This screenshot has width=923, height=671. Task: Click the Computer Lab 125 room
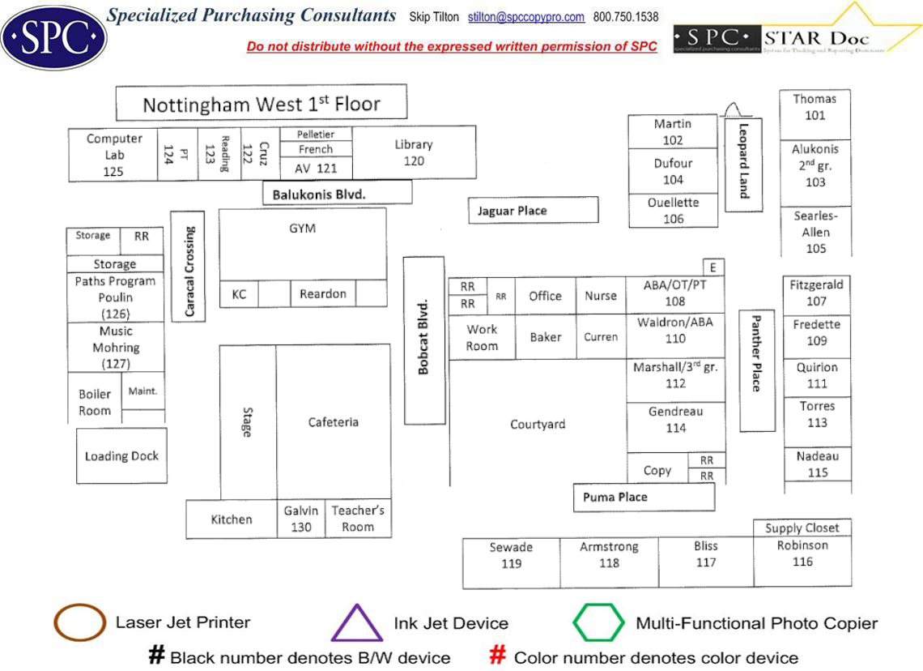coord(113,155)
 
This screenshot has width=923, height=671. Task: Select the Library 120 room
coord(414,152)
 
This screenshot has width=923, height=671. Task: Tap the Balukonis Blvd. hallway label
coord(337,193)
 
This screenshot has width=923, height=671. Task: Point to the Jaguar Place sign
coord(533,210)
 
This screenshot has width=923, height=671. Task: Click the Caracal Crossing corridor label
coord(187,267)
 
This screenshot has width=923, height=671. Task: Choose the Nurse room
coord(601,296)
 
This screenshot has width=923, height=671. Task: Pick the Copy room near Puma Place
coord(657,469)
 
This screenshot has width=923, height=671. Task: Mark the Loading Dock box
coord(121,456)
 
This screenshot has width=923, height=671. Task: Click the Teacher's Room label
coord(358,518)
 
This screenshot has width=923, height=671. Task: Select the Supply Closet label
coord(802,528)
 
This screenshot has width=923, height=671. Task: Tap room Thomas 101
coord(815,108)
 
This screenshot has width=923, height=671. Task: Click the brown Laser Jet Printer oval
coord(80,622)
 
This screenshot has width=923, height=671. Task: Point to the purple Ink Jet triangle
coord(356,624)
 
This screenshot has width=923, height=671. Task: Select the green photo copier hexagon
coord(599,623)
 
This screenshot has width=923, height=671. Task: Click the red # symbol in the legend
coord(498,656)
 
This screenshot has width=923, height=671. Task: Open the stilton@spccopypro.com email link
coord(538,17)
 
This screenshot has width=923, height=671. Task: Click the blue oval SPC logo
coord(53,36)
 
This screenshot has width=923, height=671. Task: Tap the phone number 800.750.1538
coord(625,17)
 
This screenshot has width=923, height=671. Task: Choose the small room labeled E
coord(712,267)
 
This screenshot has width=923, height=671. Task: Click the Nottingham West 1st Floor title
coord(261,104)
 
